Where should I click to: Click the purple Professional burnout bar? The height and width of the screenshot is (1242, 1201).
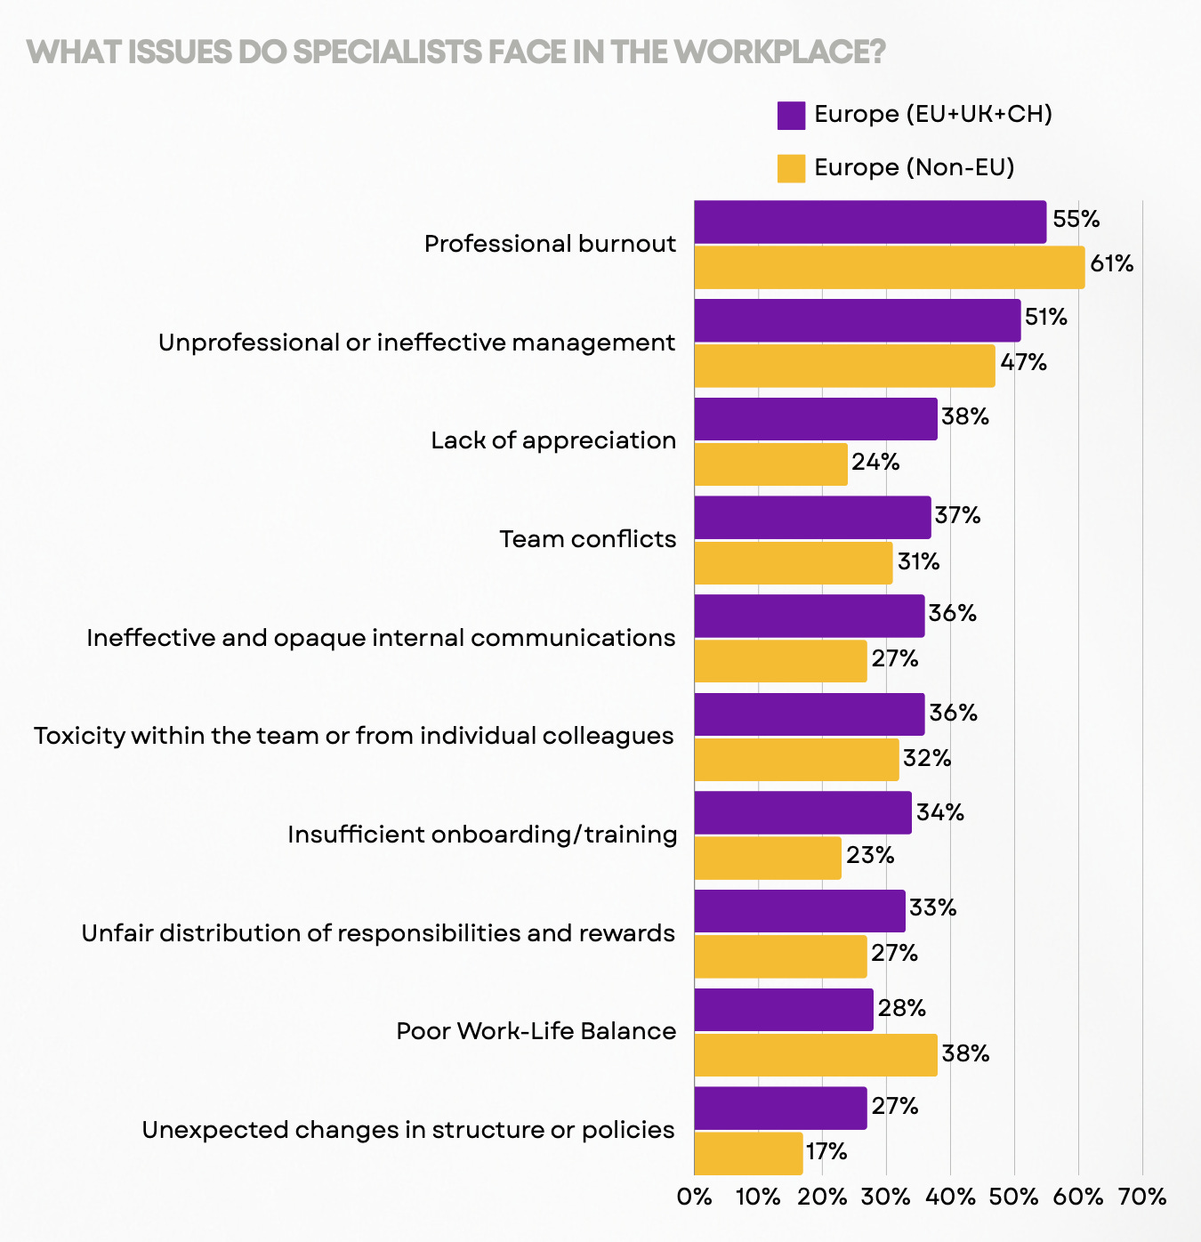click(870, 222)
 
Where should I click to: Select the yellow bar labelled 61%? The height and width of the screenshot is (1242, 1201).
click(890, 268)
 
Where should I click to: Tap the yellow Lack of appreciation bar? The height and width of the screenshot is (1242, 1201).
click(770, 464)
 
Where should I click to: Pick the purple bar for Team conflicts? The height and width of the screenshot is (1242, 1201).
click(812, 518)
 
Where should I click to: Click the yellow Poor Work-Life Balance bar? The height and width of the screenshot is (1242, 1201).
click(816, 1055)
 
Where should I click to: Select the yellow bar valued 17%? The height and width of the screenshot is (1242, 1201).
click(748, 1154)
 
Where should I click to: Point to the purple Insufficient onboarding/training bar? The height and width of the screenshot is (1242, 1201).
click(802, 813)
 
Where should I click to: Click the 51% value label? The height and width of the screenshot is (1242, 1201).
click(1046, 318)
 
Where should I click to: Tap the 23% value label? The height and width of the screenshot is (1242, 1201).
click(870, 856)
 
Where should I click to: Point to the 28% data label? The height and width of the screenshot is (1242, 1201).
click(902, 1008)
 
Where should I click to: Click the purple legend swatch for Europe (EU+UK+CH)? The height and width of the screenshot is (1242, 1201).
click(791, 116)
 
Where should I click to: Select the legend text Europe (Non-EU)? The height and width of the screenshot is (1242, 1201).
click(915, 168)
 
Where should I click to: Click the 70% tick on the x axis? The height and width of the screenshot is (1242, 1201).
click(1141, 1198)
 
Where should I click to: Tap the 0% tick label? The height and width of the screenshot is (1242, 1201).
click(695, 1198)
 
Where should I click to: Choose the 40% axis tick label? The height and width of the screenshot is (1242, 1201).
click(950, 1198)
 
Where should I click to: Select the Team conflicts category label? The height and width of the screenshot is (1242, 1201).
click(587, 539)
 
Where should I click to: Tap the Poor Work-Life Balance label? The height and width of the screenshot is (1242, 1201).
click(536, 1031)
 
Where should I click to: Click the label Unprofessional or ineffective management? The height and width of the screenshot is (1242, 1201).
click(416, 343)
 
